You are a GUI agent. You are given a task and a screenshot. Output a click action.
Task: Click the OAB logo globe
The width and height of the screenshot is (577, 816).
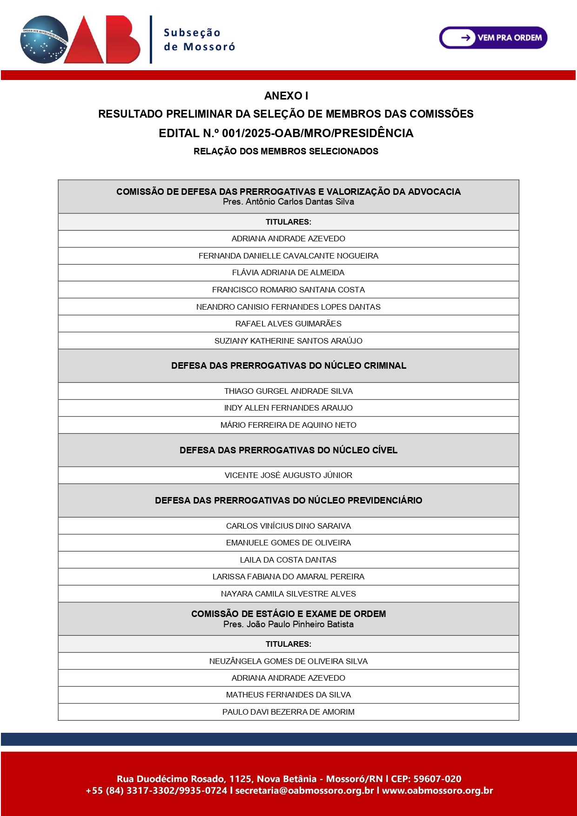click(x=44, y=40)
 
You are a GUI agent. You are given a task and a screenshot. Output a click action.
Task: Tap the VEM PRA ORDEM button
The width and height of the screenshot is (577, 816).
click(x=493, y=38)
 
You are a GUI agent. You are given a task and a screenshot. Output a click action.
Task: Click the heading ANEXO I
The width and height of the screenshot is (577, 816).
click(x=286, y=96)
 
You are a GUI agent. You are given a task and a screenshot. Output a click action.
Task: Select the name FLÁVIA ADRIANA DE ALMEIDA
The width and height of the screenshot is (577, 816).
click(x=288, y=273)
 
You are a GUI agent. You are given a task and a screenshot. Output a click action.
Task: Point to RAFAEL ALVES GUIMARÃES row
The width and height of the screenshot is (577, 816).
click(x=288, y=324)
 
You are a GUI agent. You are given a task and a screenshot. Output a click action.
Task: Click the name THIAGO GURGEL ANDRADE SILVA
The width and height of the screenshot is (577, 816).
click(x=288, y=391)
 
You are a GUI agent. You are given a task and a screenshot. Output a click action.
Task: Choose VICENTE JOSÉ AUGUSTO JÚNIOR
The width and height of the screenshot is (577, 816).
click(x=288, y=475)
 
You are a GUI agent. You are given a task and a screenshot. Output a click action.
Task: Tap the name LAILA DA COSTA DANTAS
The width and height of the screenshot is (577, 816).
click(x=288, y=560)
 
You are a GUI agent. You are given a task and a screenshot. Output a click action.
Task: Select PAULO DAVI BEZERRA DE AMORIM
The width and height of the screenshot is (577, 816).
click(x=288, y=712)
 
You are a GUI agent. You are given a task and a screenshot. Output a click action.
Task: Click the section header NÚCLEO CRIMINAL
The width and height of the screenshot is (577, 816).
click(x=288, y=365)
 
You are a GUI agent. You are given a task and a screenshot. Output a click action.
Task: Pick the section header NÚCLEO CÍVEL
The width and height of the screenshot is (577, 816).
click(x=288, y=450)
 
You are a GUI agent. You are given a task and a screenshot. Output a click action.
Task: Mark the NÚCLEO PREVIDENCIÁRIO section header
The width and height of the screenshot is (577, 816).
click(x=288, y=500)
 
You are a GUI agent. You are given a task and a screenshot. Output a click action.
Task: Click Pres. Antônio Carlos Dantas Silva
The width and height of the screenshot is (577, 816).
click(x=288, y=202)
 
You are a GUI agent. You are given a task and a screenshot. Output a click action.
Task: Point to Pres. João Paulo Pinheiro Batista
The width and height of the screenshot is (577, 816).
click(x=288, y=624)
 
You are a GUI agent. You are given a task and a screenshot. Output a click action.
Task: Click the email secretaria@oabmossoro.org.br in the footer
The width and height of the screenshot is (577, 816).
click(x=305, y=790)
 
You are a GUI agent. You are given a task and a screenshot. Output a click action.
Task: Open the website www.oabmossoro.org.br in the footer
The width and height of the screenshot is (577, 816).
click(x=437, y=790)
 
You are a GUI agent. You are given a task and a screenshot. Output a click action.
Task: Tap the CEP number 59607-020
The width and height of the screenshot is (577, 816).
click(x=437, y=779)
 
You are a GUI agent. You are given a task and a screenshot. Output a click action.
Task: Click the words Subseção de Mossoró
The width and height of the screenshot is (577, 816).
click(x=199, y=40)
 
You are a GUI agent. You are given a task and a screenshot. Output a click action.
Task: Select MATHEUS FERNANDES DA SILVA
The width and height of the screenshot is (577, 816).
click(x=288, y=695)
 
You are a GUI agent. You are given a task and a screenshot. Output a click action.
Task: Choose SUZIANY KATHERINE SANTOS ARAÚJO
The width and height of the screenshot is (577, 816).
click(x=288, y=341)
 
